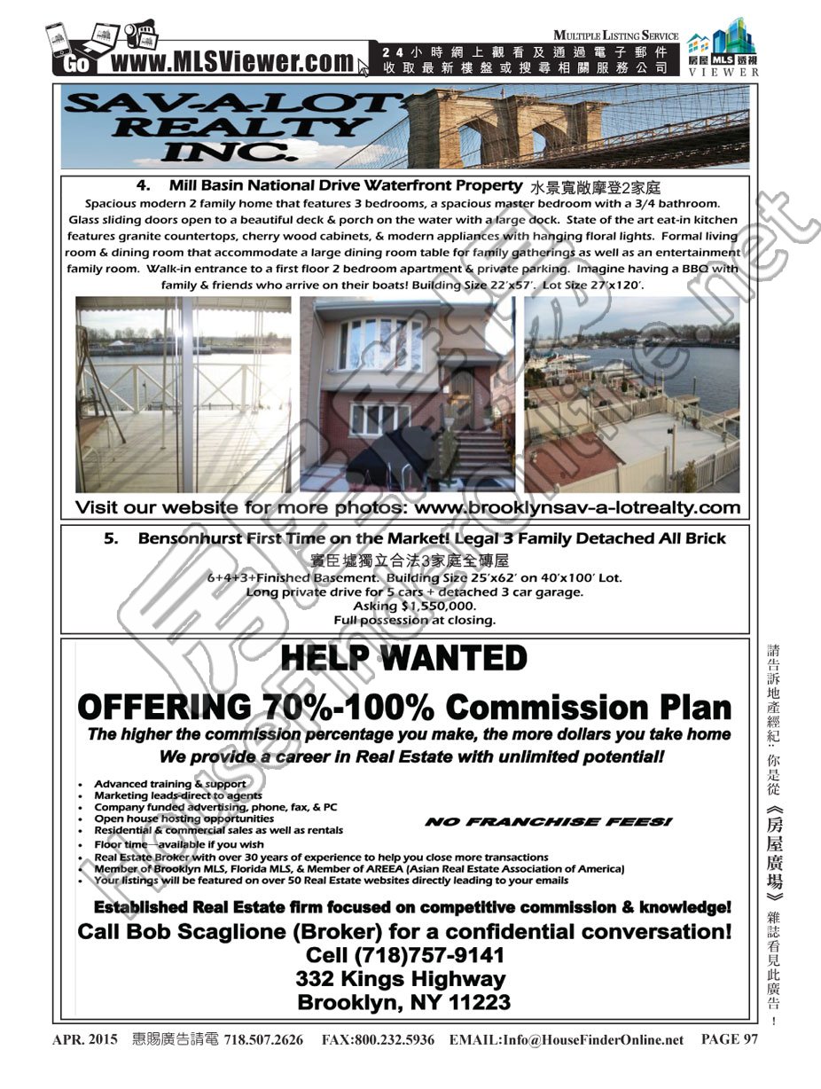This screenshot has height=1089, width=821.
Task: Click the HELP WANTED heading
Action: coord(403,659)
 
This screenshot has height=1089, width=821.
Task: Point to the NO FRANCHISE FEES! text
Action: coord(548,823)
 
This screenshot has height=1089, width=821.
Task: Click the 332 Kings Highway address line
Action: coord(401,979)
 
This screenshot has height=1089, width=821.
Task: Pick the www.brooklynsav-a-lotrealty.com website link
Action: coord(577,508)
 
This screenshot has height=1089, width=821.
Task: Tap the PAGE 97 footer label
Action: coord(730,1039)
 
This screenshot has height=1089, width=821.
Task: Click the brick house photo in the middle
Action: coord(407,395)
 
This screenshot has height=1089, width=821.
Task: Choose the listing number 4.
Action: coord(142,186)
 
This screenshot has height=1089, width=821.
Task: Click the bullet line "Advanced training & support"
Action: coord(170,784)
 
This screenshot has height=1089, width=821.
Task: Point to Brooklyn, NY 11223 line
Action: coord(403,1003)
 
